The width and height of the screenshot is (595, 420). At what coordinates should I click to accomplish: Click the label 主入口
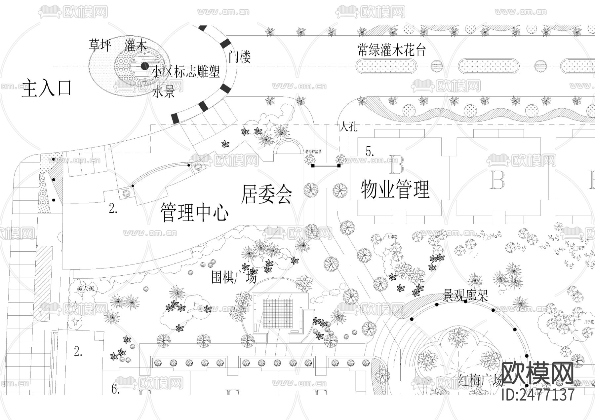coord(46,88)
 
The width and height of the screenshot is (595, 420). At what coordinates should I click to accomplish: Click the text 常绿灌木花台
coord(392,50)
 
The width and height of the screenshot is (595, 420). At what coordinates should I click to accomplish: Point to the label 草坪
coord(100,45)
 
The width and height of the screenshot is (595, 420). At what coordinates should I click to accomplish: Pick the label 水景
coord(164,92)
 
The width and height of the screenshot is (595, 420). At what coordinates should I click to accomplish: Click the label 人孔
coord(348,127)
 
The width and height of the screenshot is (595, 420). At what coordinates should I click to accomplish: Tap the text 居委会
coord(266,194)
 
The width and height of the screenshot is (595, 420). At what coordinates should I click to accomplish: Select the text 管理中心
coord(194,212)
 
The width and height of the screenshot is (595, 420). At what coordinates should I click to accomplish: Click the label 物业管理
coord(395,189)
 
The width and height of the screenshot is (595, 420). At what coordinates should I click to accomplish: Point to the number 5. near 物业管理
coord(370,152)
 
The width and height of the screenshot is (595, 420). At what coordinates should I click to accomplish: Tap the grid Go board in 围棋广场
coord(278,313)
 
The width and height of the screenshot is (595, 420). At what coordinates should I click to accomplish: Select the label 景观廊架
coord(465,295)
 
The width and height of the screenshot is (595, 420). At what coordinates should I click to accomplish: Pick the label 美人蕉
coord(85,288)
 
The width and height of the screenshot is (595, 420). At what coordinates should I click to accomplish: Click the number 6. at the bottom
coord(115,390)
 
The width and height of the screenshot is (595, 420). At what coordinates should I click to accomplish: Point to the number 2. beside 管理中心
coord(113,209)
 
